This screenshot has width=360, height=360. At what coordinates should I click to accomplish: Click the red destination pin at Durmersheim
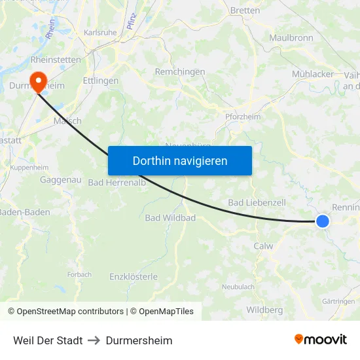click(39, 81)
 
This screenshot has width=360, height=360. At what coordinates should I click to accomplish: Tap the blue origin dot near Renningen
click(323, 221)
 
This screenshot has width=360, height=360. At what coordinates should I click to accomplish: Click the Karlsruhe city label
click(100, 32)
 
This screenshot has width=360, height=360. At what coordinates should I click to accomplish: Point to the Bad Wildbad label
click(170, 217)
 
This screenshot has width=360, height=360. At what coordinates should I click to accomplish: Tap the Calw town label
click(263, 246)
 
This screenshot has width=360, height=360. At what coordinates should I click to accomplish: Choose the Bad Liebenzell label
click(257, 203)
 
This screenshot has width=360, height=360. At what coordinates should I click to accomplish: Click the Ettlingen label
click(101, 81)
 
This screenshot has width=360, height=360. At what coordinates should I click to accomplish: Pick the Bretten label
click(245, 10)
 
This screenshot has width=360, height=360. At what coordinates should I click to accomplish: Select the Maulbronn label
click(291, 38)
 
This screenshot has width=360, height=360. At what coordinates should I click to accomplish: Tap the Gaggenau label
click(60, 179)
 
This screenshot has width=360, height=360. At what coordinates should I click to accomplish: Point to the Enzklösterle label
click(134, 277)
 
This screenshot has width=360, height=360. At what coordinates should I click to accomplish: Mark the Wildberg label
click(264, 310)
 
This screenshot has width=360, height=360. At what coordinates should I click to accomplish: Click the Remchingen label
click(180, 72)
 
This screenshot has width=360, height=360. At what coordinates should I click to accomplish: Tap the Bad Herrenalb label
click(117, 183)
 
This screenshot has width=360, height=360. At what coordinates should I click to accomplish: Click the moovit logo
click(321, 340)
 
